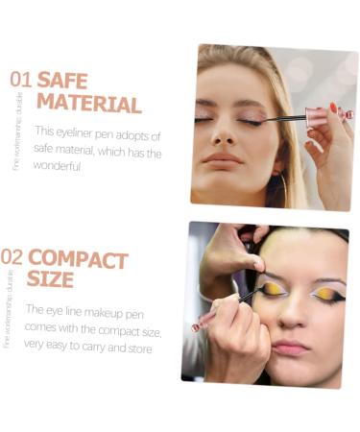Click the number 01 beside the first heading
click(x=20, y=79)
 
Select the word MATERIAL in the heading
click(x=88, y=104)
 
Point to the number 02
click(x=12, y=257)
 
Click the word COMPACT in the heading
click(x=78, y=258)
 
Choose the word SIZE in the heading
click(x=50, y=280)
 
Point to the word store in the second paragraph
click(x=137, y=348)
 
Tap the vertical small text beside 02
click(x=10, y=307)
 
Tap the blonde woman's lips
click(x=221, y=158)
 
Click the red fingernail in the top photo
click(x=332, y=107)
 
